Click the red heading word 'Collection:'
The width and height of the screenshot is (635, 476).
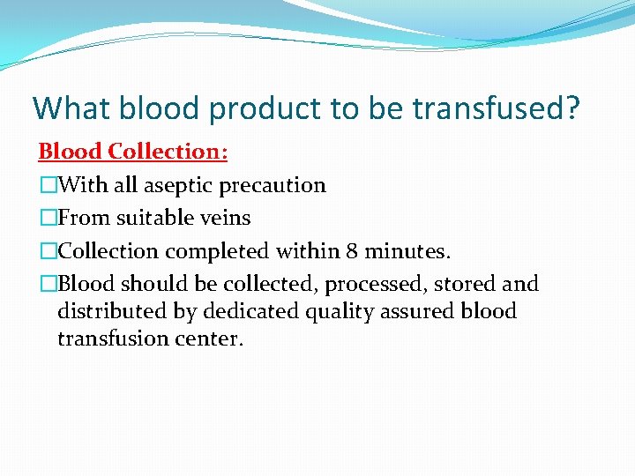[168, 152]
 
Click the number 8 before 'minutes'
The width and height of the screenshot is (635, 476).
[353, 251]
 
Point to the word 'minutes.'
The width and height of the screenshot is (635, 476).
[407, 251]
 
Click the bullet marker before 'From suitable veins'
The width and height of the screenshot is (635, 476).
[48, 218]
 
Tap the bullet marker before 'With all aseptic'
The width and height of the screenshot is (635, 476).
[48, 185]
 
